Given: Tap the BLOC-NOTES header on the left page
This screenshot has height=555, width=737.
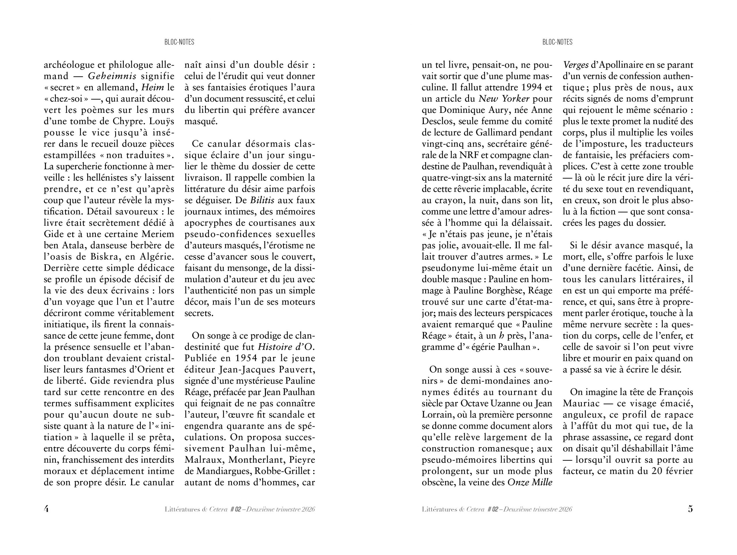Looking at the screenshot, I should tap(179, 42).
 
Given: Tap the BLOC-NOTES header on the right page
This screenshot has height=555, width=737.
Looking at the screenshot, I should tap(557, 42).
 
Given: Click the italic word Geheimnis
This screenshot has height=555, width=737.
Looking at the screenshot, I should tap(112, 76).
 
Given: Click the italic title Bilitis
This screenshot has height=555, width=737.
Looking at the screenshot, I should tap(262, 200).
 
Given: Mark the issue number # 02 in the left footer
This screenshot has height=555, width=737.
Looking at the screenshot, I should tap(235, 509).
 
